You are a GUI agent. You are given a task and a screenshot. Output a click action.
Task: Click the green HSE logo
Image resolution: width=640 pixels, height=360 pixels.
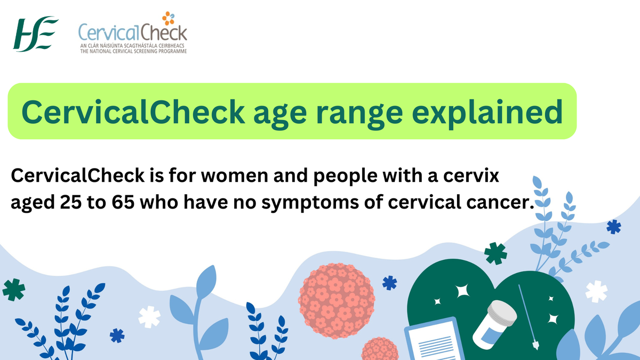coord(36,34)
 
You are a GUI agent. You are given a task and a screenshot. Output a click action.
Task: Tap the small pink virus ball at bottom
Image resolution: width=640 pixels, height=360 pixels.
coord(380,349)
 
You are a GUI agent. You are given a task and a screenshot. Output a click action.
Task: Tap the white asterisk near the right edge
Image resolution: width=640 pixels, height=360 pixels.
coord(596,292)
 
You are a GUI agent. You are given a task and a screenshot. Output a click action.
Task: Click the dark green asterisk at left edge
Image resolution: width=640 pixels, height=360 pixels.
coord(14,290)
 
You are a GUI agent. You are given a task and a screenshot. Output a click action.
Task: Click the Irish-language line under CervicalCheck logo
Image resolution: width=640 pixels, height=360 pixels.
coord(132,47)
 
